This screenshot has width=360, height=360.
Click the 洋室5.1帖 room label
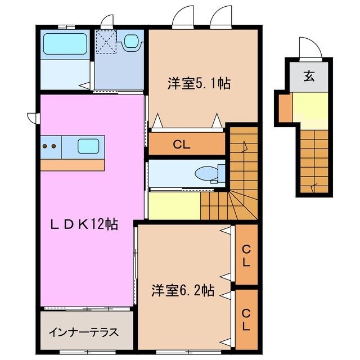click(x=199, y=83)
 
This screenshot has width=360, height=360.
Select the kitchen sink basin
click(x=88, y=146)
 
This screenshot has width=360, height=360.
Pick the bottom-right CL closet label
click(x=246, y=318)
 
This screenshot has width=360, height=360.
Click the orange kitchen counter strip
click(x=72, y=165)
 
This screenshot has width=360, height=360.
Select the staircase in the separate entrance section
click(x=313, y=160)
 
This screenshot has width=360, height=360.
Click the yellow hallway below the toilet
click(x=174, y=206)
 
